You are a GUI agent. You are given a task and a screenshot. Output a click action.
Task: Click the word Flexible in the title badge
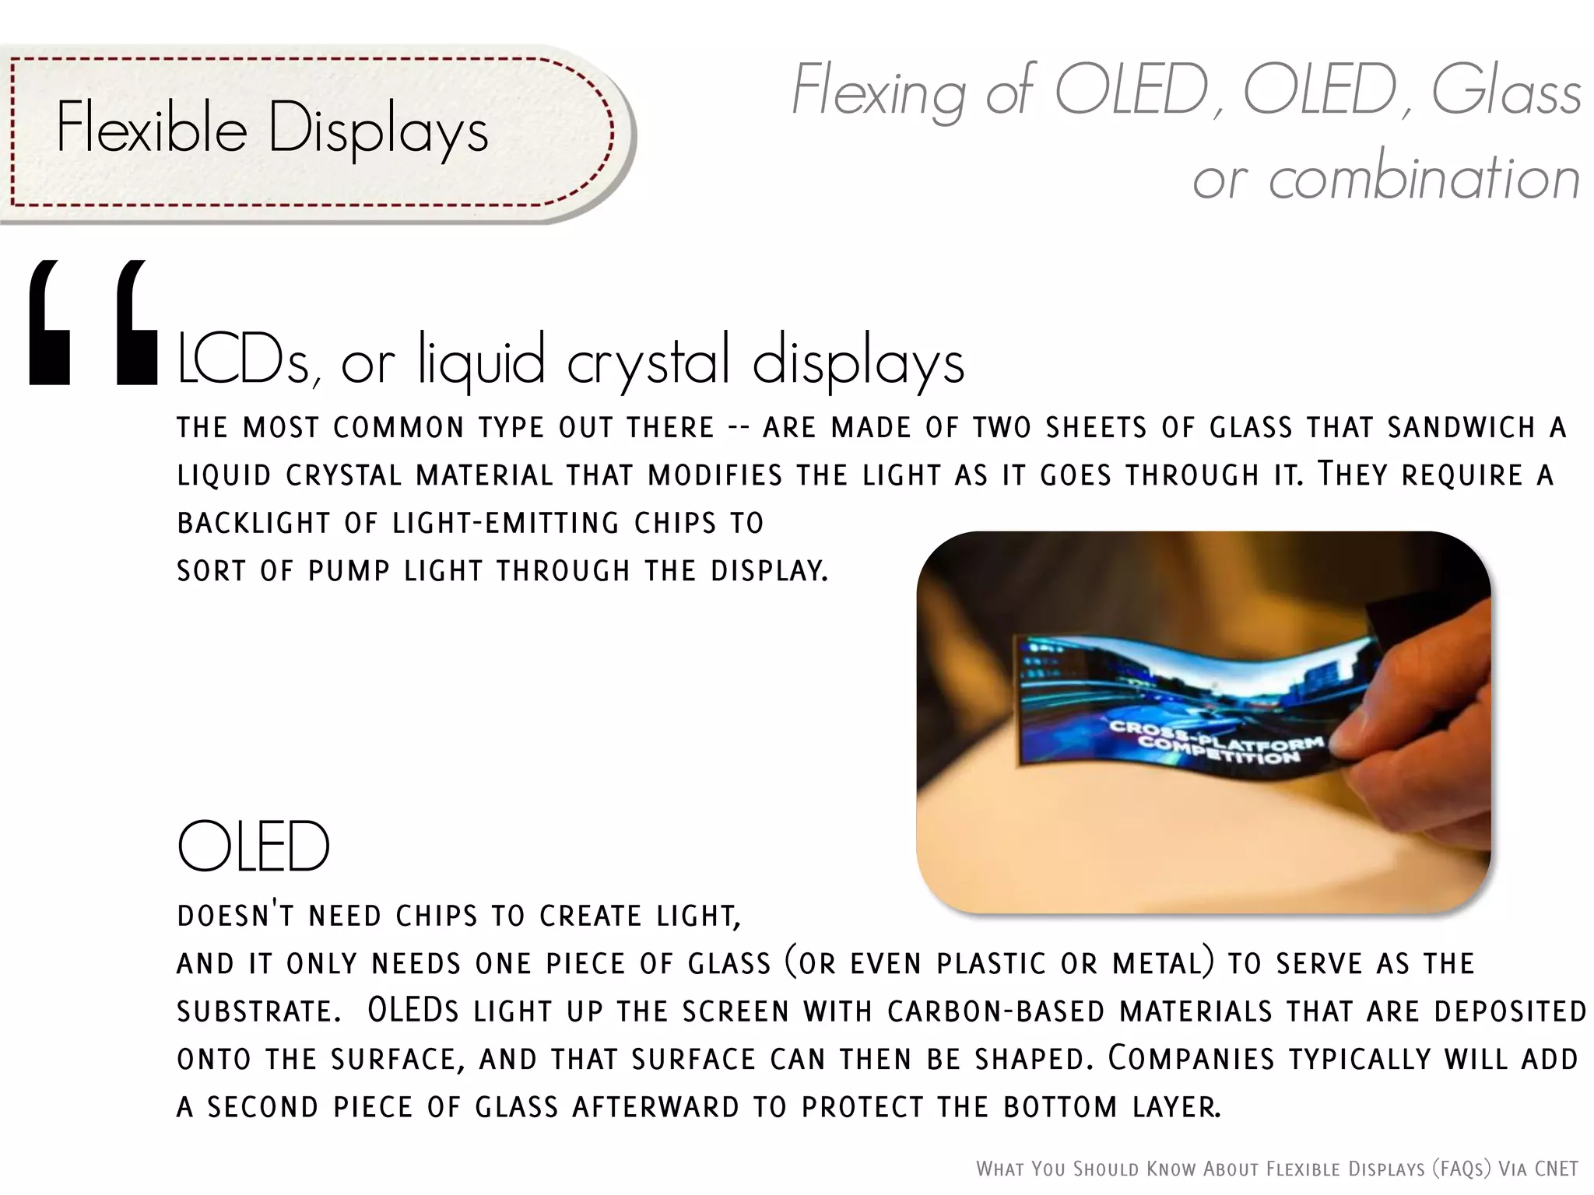(151, 128)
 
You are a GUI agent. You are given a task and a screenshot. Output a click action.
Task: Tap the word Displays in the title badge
(378, 131)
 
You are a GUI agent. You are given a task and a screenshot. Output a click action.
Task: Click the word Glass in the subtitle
(1505, 92)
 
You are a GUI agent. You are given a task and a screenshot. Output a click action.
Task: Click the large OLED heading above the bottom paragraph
(254, 846)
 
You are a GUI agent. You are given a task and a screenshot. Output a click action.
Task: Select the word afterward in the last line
(655, 1107)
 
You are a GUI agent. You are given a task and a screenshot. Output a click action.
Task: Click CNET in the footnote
(1556, 1169)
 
